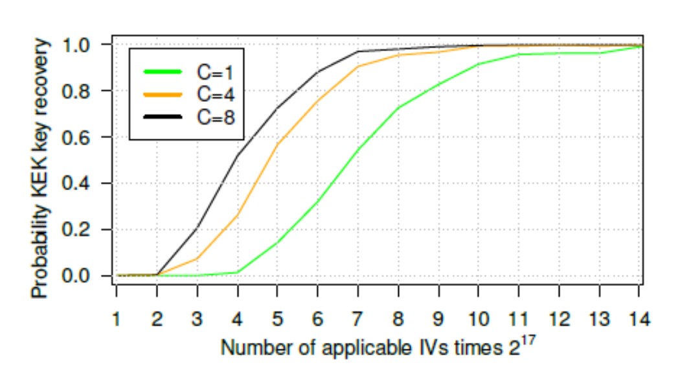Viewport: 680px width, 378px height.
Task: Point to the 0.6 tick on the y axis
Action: point(84,137)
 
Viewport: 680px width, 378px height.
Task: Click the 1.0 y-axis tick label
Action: point(84,45)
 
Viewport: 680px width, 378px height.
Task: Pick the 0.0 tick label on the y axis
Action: point(84,276)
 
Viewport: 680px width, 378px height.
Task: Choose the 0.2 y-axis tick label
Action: point(84,230)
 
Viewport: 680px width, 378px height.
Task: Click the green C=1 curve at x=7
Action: point(359,149)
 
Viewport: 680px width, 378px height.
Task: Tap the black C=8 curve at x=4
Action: point(238,155)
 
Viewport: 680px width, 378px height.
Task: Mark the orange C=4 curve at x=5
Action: point(278,143)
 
